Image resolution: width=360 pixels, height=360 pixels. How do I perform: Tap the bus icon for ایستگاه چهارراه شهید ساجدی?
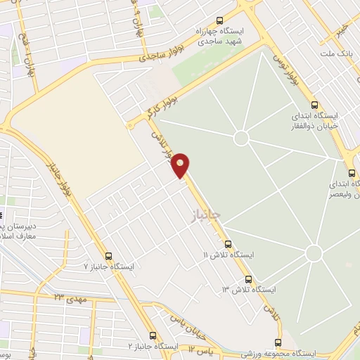[x=220, y=21]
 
